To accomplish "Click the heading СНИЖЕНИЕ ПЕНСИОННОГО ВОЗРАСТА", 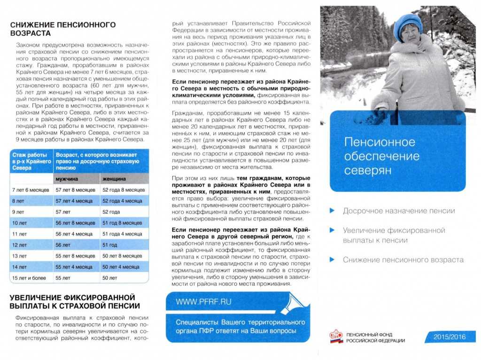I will (x=63, y=29).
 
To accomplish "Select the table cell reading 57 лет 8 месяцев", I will (x=75, y=190).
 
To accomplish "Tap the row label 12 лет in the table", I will (x=20, y=245).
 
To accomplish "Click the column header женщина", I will (x=113, y=179).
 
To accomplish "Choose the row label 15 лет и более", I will (x=29, y=278).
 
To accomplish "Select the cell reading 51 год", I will (x=110, y=245).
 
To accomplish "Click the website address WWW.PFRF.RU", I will (x=203, y=302).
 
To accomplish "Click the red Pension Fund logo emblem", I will (x=336, y=337).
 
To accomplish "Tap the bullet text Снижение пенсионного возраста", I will (x=403, y=260).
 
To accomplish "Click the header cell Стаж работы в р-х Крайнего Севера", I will (x=30, y=161).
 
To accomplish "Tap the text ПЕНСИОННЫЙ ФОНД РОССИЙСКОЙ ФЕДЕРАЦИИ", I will (x=375, y=337).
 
